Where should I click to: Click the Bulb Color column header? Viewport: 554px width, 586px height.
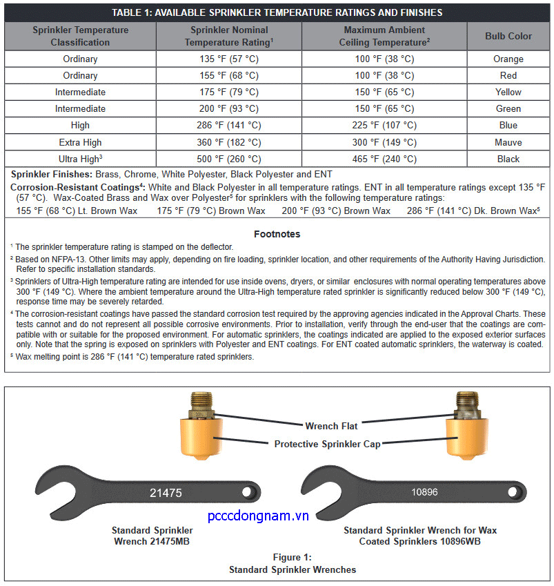[x=508, y=36]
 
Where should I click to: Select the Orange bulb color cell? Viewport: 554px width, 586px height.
[x=508, y=59]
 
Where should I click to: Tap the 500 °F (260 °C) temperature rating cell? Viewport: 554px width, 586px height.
[x=229, y=159]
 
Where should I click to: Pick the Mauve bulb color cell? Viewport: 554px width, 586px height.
[x=508, y=142]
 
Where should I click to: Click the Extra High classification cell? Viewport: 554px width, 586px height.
[x=80, y=142]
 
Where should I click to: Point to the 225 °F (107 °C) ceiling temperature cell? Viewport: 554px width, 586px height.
[x=384, y=126]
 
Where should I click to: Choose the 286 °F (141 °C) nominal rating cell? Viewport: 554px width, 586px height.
[x=229, y=126]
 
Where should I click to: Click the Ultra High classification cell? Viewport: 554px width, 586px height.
[x=80, y=159]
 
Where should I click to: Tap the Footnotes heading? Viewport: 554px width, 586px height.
[x=277, y=234]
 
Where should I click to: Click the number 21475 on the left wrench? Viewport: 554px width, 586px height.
[x=166, y=493]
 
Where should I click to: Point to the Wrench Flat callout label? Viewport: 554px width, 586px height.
[x=331, y=426]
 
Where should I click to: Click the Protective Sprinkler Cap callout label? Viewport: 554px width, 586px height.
[x=328, y=444]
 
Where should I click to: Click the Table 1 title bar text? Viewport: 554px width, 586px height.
[x=277, y=12]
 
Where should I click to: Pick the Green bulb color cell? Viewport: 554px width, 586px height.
[x=508, y=108]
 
